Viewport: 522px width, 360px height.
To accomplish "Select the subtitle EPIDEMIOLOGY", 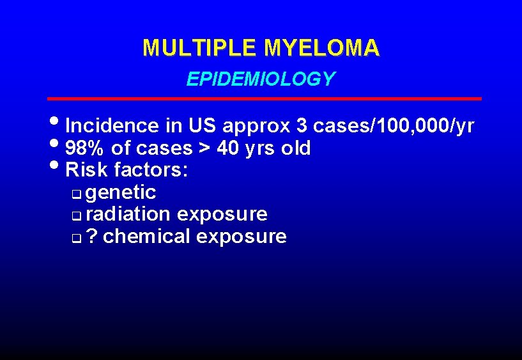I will [x=261, y=79].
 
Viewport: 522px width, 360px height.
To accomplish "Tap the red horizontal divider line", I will [x=265, y=98].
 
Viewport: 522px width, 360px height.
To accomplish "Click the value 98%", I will [x=86, y=149].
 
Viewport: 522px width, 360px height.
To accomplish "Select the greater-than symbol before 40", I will [x=205, y=149].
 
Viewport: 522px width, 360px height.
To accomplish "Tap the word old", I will [x=296, y=149].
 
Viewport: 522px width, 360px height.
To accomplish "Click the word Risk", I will [x=87, y=170].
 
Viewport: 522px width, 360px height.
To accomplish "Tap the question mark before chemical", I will [x=92, y=237].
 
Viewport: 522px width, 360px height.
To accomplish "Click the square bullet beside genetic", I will [x=77, y=194].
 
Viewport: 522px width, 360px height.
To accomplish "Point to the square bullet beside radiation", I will [x=77, y=215].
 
